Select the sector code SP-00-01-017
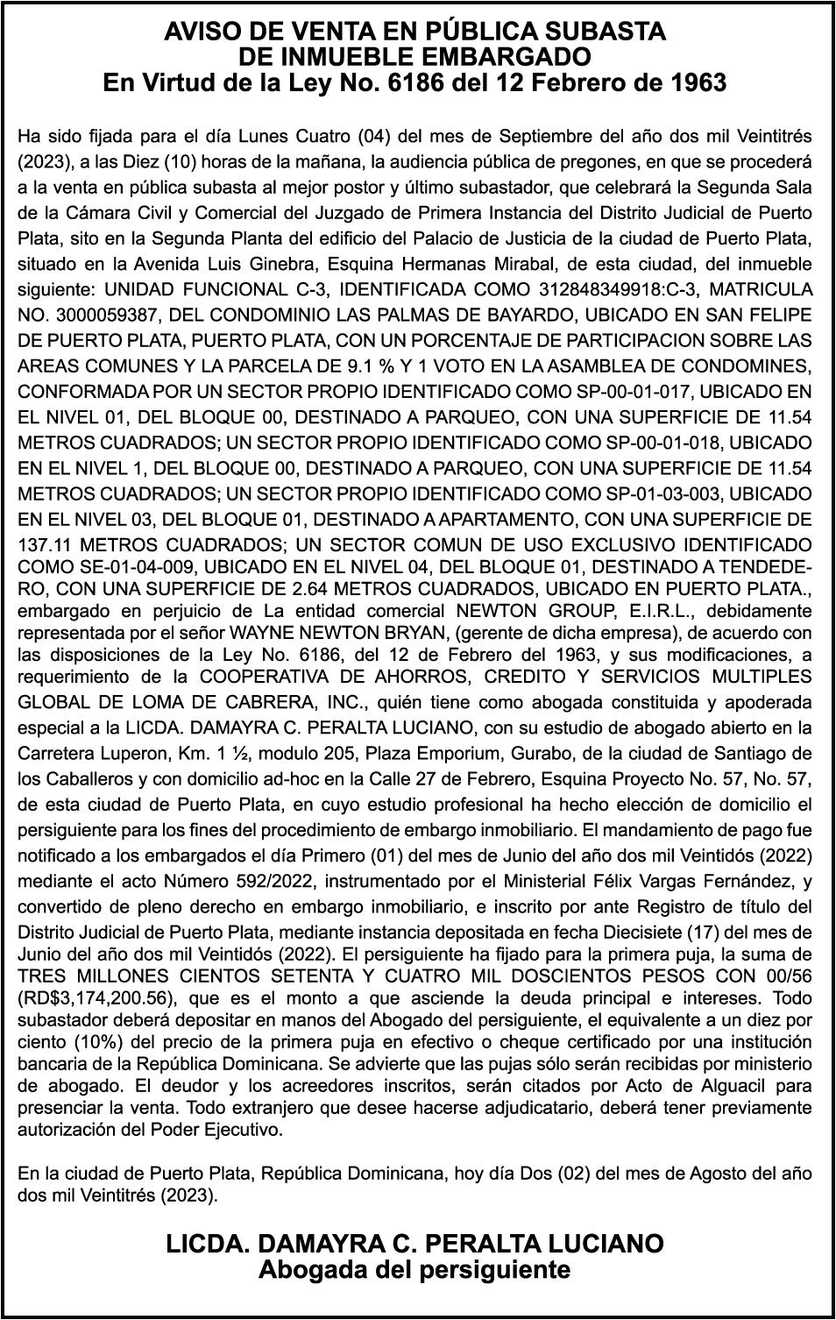pos(646,391)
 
